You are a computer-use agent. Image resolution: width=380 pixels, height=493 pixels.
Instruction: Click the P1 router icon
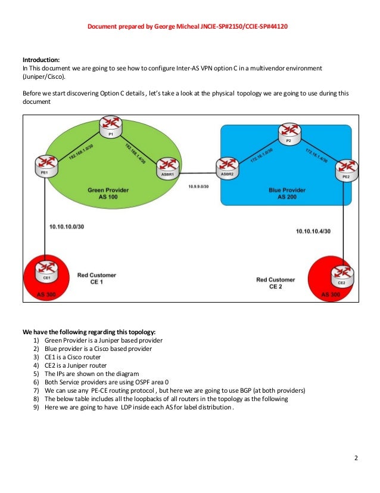point(110,125)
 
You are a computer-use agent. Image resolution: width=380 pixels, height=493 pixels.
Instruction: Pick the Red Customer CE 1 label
point(96,278)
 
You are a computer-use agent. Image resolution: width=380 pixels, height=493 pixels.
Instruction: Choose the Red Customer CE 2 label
point(275,282)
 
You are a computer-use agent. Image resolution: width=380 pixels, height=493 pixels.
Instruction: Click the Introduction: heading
point(41,60)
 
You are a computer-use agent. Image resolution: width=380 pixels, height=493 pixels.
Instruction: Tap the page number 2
point(356,458)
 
